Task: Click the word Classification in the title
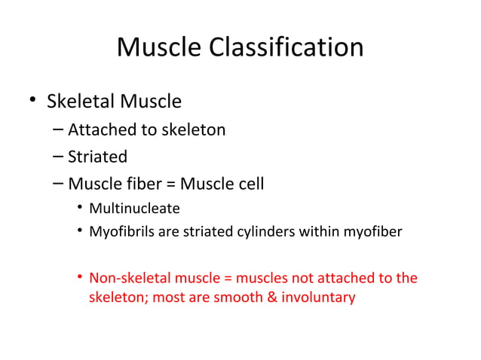290,47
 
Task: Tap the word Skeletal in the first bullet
81,100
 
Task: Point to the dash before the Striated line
59,157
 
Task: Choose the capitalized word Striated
98,157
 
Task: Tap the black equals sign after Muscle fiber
167,184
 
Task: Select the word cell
247,183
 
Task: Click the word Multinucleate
134,208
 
